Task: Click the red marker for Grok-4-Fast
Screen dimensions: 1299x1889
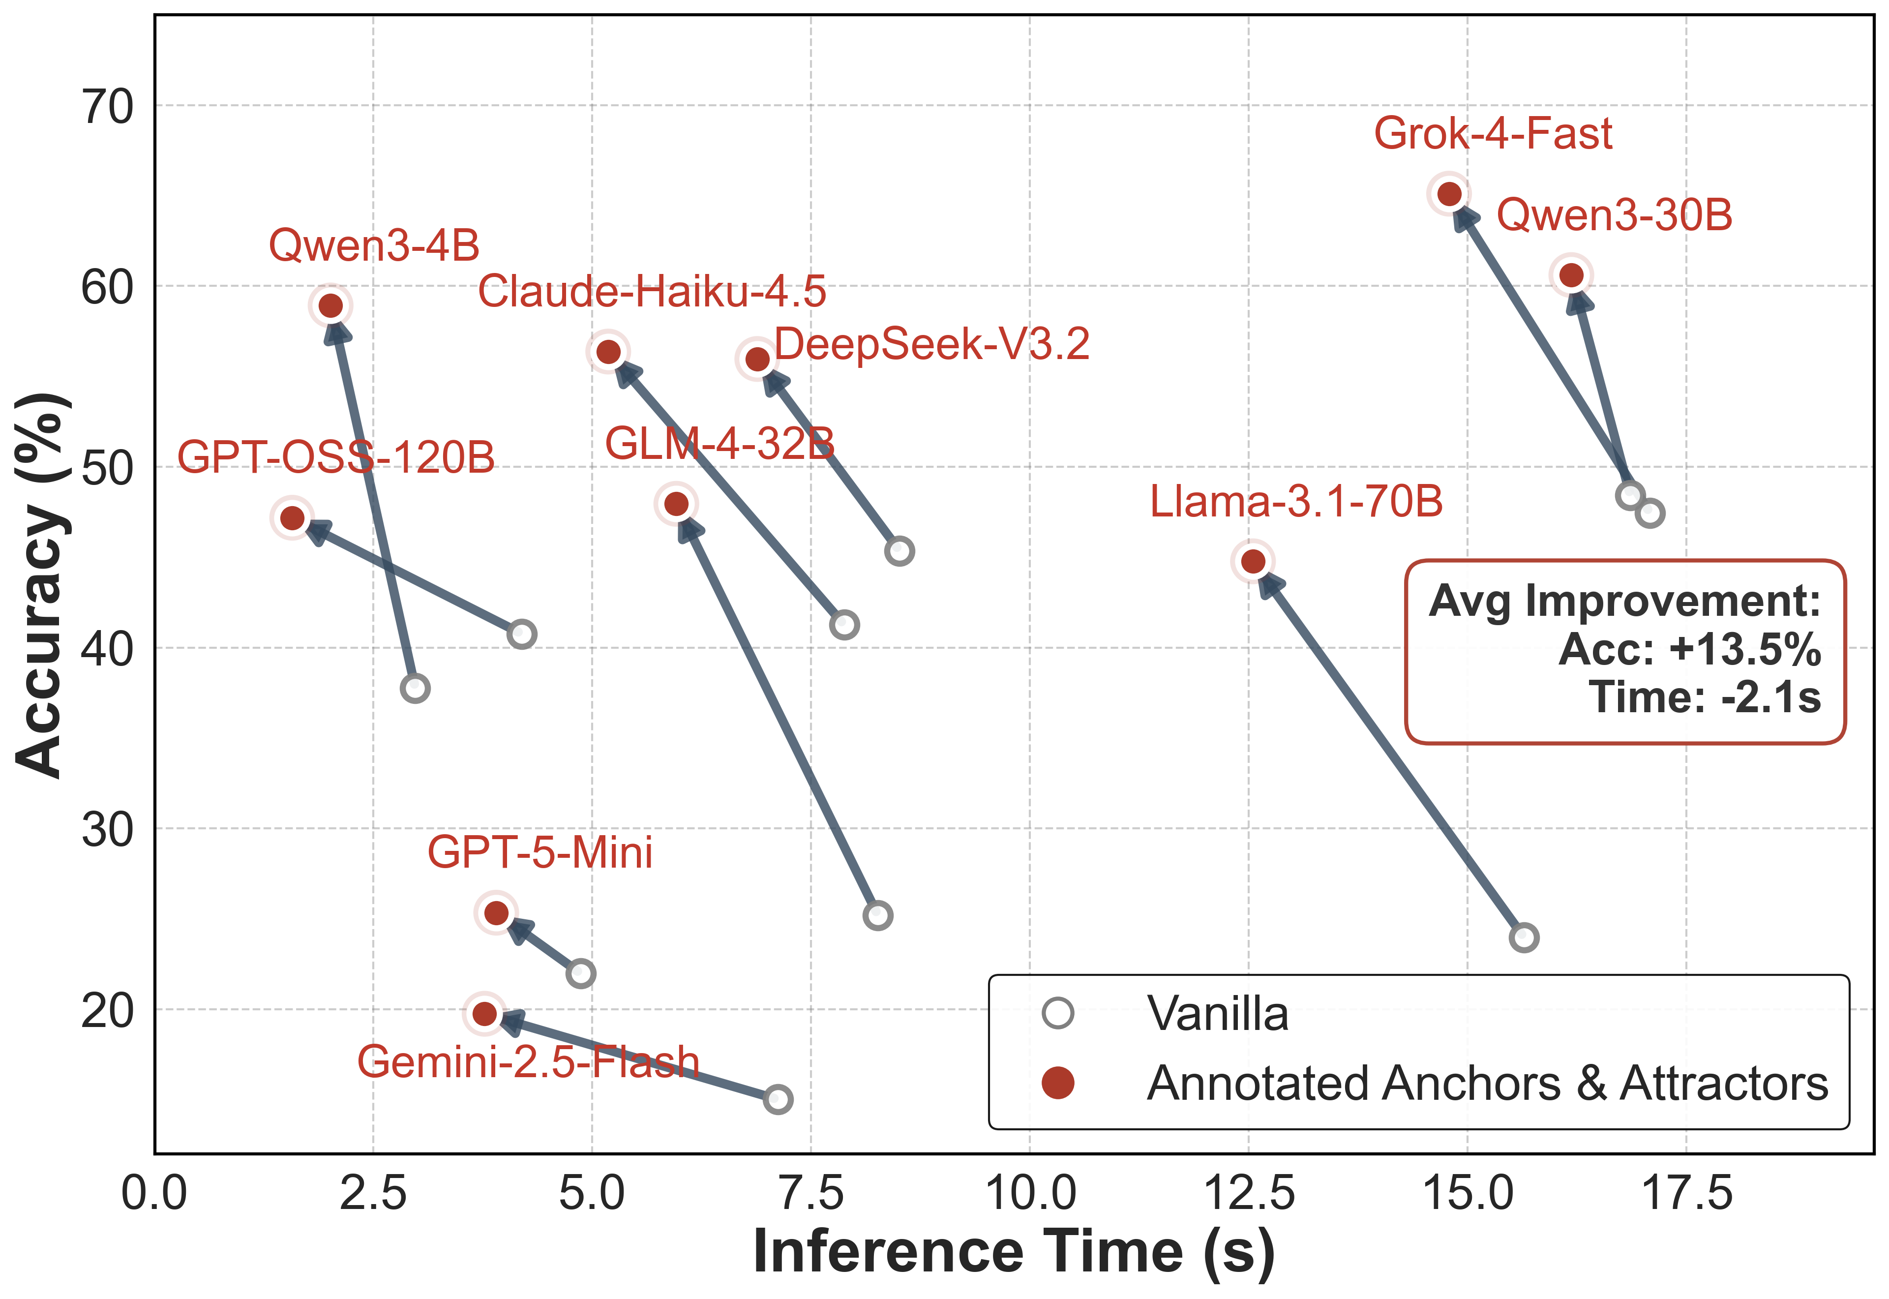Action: (x=1449, y=194)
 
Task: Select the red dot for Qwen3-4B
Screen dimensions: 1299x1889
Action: (x=330, y=306)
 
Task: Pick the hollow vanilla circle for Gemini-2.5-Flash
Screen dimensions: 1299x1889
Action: (x=778, y=1100)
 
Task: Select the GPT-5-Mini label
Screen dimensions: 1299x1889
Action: (x=540, y=853)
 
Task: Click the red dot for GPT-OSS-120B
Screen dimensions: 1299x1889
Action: (x=292, y=517)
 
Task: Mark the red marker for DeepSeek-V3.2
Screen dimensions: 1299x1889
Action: (x=757, y=359)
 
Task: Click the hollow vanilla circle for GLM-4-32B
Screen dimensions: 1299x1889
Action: (x=877, y=916)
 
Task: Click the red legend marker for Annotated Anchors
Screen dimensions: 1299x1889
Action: (x=1058, y=1083)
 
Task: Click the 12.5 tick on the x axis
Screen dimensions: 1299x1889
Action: (x=1249, y=1195)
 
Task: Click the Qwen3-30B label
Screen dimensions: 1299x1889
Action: (x=1614, y=216)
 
